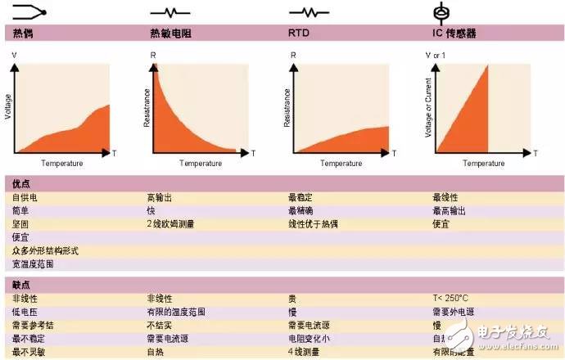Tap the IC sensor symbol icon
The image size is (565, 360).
click(x=442, y=13)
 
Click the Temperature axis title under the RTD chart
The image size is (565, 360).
click(x=341, y=164)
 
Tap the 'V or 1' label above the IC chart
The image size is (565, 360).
click(x=437, y=55)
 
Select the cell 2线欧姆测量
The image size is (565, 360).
click(x=172, y=224)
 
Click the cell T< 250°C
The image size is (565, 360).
click(x=451, y=299)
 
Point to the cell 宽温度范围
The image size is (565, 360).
click(x=33, y=264)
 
